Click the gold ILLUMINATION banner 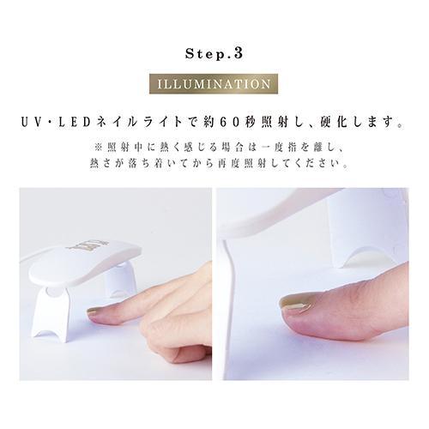click(214, 86)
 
